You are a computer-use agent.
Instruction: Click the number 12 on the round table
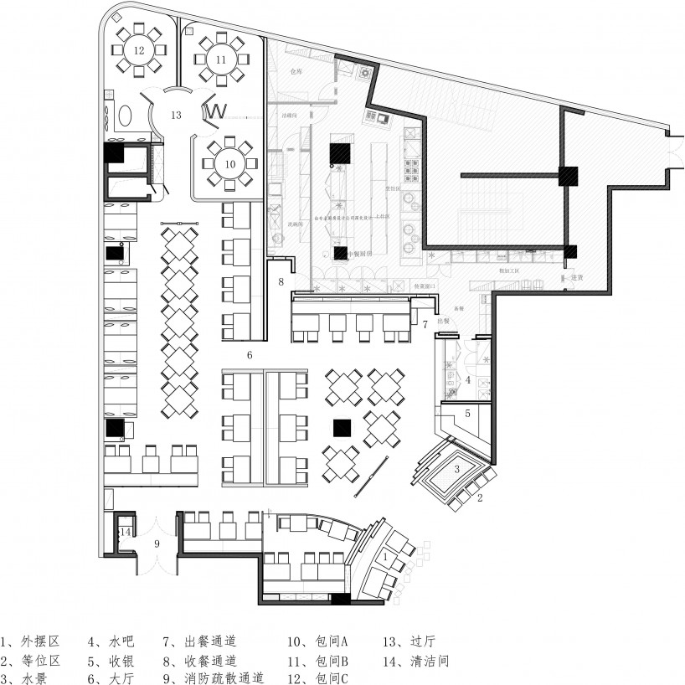click(x=138, y=50)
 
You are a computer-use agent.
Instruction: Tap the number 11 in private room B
click(x=220, y=59)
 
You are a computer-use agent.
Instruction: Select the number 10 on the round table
click(x=229, y=164)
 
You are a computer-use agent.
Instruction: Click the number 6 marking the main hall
click(x=250, y=355)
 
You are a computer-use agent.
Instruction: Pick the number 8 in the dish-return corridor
click(x=281, y=281)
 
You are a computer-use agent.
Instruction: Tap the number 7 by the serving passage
click(x=425, y=323)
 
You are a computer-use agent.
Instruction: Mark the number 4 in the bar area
click(x=468, y=379)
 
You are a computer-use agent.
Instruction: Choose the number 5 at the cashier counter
click(x=468, y=413)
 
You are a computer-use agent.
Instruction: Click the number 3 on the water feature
click(x=456, y=469)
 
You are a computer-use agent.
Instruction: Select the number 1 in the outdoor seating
click(x=384, y=555)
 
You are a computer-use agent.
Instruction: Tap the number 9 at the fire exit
click(x=156, y=543)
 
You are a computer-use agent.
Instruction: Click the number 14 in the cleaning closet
click(x=125, y=532)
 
